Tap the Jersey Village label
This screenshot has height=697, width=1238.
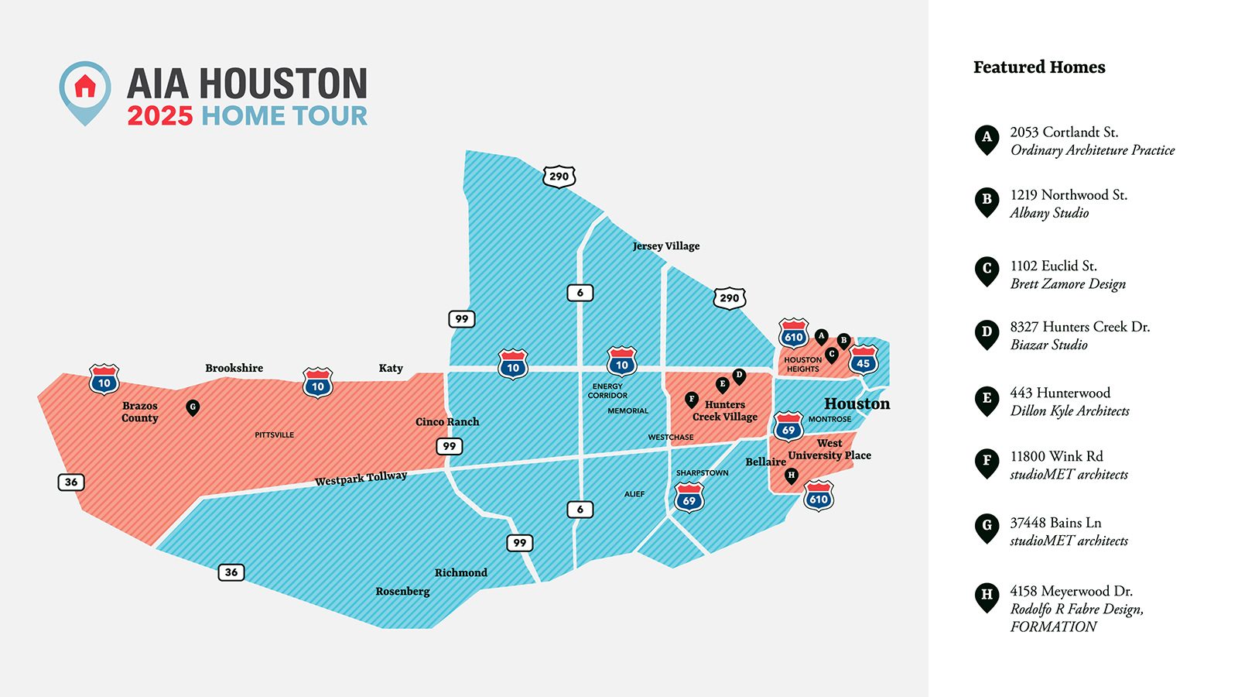click(x=665, y=246)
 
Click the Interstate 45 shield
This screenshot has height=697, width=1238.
click(x=864, y=362)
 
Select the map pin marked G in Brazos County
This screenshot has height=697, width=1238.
click(x=193, y=407)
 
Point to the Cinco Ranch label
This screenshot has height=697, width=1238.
click(x=447, y=422)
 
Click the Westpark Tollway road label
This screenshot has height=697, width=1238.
click(x=361, y=479)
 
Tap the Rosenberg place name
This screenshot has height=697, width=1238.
click(x=402, y=592)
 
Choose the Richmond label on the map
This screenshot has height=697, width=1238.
click(x=460, y=573)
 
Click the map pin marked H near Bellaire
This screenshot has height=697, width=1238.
click(x=791, y=476)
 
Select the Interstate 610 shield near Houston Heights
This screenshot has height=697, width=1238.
click(x=794, y=335)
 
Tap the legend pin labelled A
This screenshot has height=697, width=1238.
click(x=987, y=139)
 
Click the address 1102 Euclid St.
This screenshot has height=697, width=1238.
click(x=1053, y=266)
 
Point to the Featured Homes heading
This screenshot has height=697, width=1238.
click(x=1039, y=67)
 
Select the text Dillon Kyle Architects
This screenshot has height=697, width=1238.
click(x=1069, y=411)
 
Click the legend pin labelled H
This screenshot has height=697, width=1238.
click(x=987, y=596)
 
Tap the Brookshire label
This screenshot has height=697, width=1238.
click(x=234, y=368)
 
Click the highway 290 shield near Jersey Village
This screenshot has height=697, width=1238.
click(x=729, y=298)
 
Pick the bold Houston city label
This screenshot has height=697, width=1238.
click(x=857, y=403)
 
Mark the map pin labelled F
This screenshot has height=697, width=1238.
click(x=692, y=400)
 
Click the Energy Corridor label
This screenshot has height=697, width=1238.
click(x=607, y=390)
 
